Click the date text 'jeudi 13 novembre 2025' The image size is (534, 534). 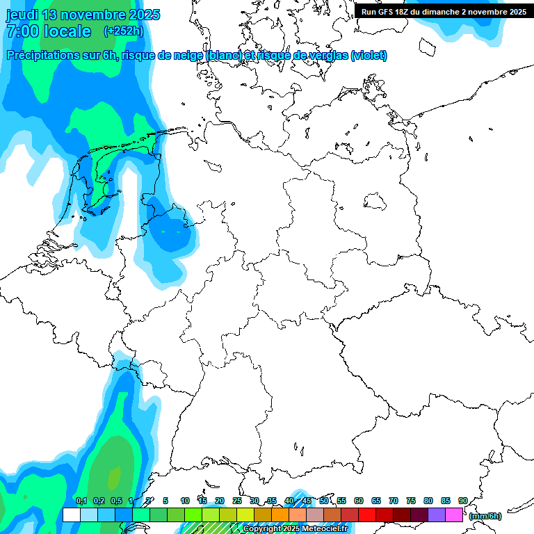coord(83,15)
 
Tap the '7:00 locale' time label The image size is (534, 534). coord(49,31)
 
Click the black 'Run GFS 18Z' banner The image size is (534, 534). coord(444,11)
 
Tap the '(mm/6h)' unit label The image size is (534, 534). coord(485,516)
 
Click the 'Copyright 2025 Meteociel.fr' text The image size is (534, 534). coord(295,529)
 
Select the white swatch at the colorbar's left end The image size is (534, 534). coord(71,515)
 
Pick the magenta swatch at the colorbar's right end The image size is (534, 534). coord(454,515)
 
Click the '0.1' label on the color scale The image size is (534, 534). coord(81,501)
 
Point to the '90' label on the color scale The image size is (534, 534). coord(463,501)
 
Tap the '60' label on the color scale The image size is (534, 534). coord(359,501)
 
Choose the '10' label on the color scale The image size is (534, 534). coord(185,501)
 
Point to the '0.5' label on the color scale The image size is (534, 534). coord(116,501)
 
